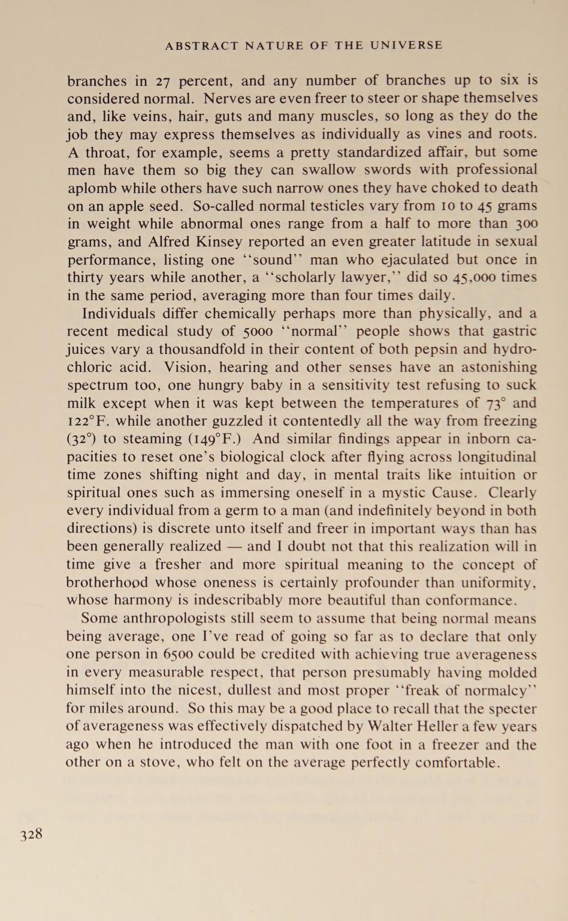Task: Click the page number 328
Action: tap(31, 835)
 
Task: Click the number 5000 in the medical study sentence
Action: tap(258, 332)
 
